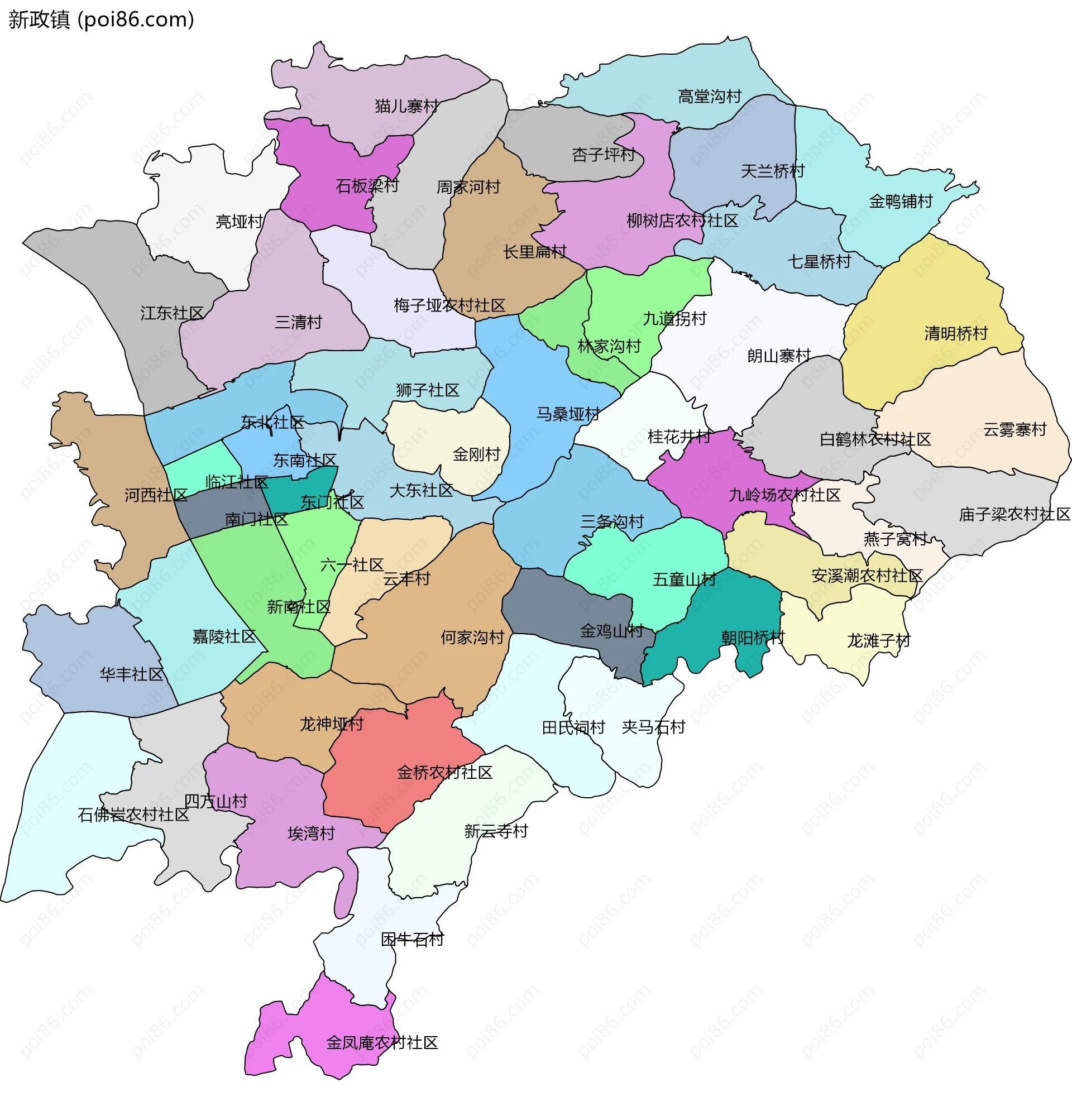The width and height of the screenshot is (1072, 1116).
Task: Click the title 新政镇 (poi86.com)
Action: pyautogui.click(x=101, y=20)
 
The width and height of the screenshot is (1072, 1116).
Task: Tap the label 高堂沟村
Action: pyautogui.click(x=709, y=96)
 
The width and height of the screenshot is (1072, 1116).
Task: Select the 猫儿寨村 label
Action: pyautogui.click(x=406, y=106)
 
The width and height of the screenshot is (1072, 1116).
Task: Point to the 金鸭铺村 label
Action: pyautogui.click(x=901, y=201)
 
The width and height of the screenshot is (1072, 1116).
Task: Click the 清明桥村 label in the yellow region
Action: pyautogui.click(x=956, y=333)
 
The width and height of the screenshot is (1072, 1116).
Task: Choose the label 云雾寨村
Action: pyautogui.click(x=1014, y=429)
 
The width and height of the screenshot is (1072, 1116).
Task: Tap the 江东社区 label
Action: pyautogui.click(x=172, y=313)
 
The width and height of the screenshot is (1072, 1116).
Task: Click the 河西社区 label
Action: pyautogui.click(x=156, y=495)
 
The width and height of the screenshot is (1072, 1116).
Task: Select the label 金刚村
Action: pyautogui.click(x=476, y=454)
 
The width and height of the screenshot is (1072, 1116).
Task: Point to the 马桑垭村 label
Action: pyautogui.click(x=568, y=414)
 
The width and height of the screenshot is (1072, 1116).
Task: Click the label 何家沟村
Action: pyautogui.click(x=472, y=637)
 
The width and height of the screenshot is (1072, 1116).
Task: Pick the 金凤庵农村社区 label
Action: pyautogui.click(x=381, y=1042)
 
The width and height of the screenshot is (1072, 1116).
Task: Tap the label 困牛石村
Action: pyautogui.click(x=412, y=939)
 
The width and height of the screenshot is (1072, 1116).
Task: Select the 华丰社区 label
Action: pyautogui.click(x=132, y=674)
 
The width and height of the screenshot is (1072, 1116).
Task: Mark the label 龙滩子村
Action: pyautogui.click(x=878, y=640)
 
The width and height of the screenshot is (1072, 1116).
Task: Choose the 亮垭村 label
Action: pyautogui.click(x=239, y=222)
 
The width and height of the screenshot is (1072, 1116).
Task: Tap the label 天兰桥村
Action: pyautogui.click(x=773, y=171)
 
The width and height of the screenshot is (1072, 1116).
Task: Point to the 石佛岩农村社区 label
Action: pyautogui.click(x=133, y=815)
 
